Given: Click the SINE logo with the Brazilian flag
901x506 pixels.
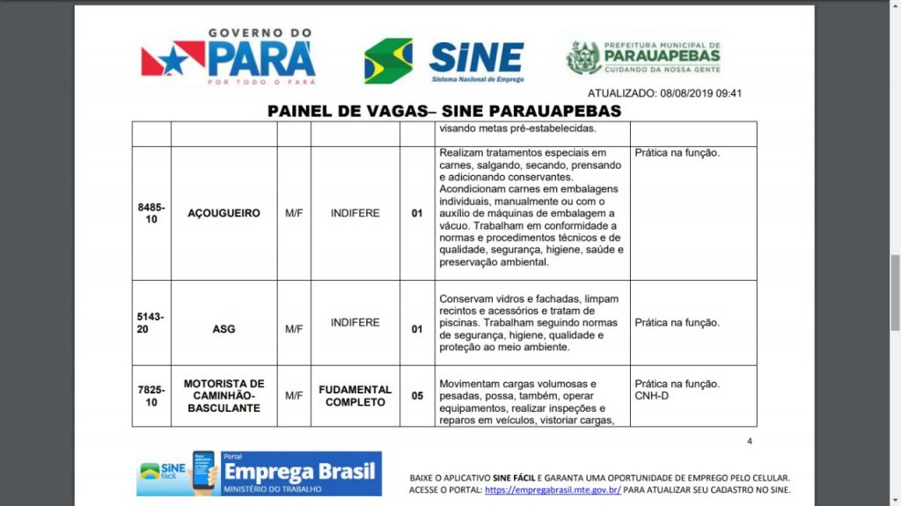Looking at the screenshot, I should pyautogui.click(x=443, y=60).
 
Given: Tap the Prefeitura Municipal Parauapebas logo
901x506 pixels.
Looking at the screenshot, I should pyautogui.click(x=643, y=57).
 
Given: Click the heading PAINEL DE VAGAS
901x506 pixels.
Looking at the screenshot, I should pyautogui.click(x=444, y=111).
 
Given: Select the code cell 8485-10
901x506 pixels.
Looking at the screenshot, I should pyautogui.click(x=151, y=213).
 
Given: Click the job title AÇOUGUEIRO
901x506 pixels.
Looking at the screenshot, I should pyautogui.click(x=223, y=213).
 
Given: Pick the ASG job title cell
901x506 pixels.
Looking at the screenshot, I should pyautogui.click(x=223, y=329).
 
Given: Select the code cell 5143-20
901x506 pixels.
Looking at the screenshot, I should pyautogui.click(x=151, y=323).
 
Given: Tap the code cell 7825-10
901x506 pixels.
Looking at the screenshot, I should pyautogui.click(x=151, y=396).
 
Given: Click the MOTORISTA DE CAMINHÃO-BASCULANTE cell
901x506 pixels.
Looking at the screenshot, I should pyautogui.click(x=223, y=396).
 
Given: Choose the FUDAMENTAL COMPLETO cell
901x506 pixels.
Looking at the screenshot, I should pyautogui.click(x=355, y=396).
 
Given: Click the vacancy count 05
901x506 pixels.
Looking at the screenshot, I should pyautogui.click(x=417, y=396).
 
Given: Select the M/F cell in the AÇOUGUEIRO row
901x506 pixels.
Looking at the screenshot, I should pyautogui.click(x=294, y=213).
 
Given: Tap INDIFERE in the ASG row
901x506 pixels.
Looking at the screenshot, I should pyautogui.click(x=355, y=323).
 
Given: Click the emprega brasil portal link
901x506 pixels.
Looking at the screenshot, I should pyautogui.click(x=553, y=490).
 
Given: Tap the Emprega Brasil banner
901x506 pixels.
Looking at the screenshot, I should pyautogui.click(x=260, y=473).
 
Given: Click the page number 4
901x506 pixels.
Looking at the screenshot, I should pyautogui.click(x=750, y=442).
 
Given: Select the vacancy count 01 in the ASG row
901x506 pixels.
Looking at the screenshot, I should pyautogui.click(x=417, y=329).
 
